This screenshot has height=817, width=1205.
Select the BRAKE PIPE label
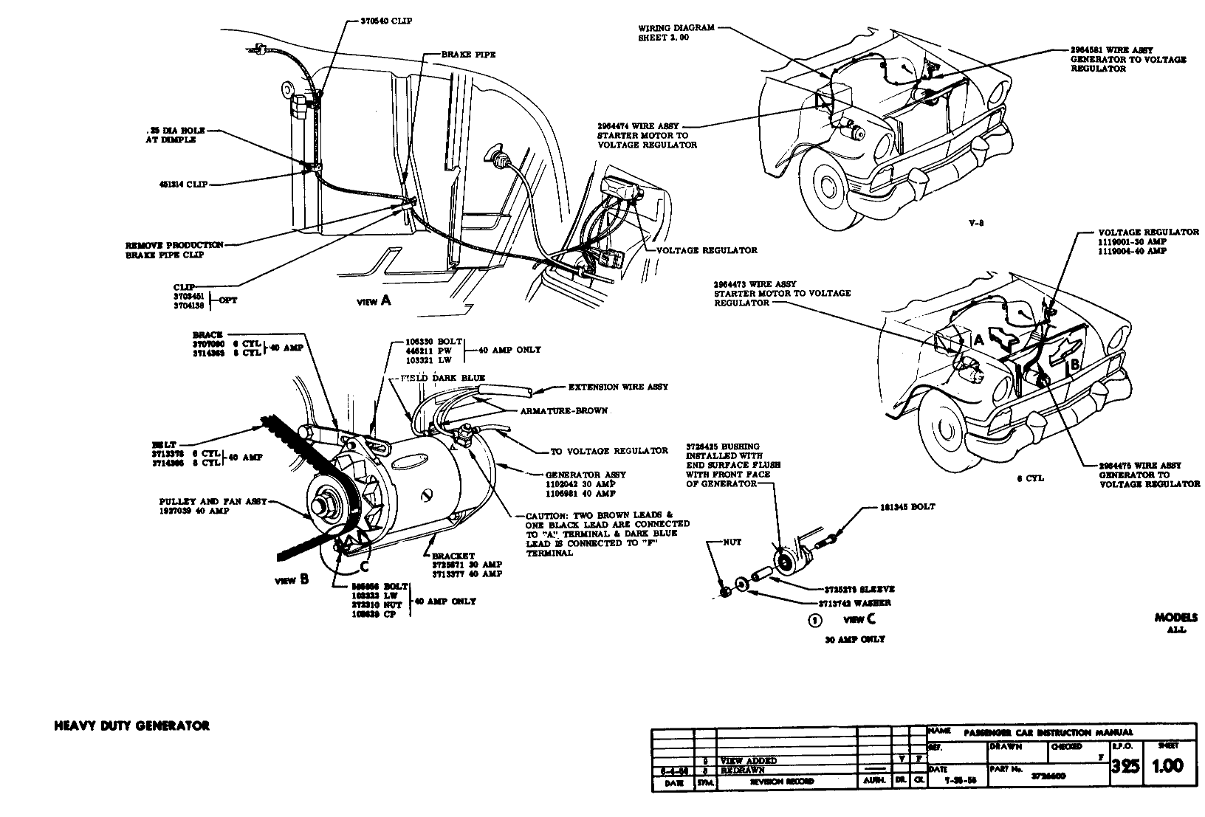coord(468,55)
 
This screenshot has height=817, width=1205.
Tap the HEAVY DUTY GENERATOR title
coord(132,725)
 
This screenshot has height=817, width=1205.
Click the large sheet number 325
coord(1125,765)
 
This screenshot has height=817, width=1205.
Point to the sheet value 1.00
coord(1168,765)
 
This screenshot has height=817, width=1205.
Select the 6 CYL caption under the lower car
coord(1030,478)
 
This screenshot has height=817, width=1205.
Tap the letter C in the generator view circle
coord(364,566)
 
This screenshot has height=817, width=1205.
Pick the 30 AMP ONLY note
coord(854,639)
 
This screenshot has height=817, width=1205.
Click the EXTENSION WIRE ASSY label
coord(618,387)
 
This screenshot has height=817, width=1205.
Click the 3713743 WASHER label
coord(856,602)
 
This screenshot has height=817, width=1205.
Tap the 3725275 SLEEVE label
coord(859,589)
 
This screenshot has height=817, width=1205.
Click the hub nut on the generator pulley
coord(322,507)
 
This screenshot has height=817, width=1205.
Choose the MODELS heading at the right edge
coord(1176,618)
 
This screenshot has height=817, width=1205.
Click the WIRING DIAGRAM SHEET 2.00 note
coord(666,33)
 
